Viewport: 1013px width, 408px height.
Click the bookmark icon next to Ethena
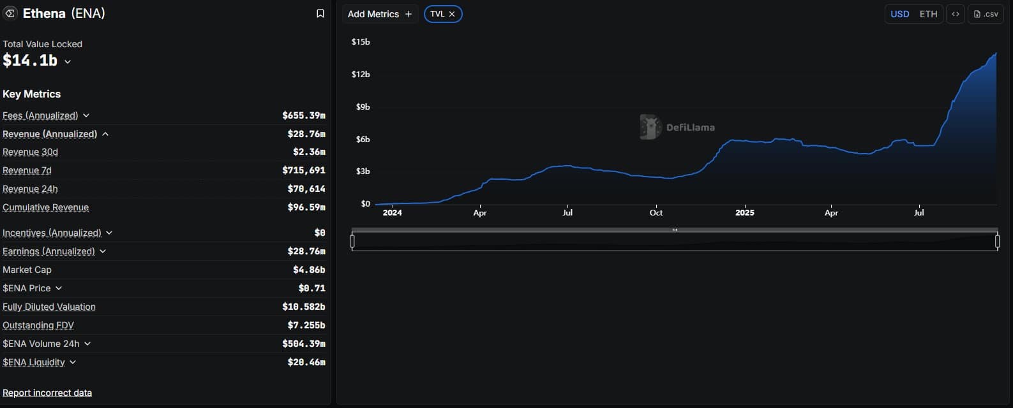320,13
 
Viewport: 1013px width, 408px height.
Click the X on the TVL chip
452,14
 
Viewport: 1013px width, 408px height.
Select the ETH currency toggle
928,14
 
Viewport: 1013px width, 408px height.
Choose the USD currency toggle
899,14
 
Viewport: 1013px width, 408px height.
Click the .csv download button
986,14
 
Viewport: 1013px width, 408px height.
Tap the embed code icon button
956,14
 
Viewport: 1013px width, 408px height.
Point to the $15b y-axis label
361,42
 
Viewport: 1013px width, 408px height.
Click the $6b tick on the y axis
363,139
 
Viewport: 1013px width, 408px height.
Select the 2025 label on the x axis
744,213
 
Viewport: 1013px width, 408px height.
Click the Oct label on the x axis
656,213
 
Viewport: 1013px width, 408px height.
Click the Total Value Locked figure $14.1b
30,61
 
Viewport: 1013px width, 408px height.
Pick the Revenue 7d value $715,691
304,170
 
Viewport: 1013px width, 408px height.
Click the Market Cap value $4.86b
309,270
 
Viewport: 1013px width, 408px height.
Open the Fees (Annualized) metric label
40,115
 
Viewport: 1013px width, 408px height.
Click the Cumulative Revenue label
45,207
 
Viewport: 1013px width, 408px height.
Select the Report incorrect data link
47,393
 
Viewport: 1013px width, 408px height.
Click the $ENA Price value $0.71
311,288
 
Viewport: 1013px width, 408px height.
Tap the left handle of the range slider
352,241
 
